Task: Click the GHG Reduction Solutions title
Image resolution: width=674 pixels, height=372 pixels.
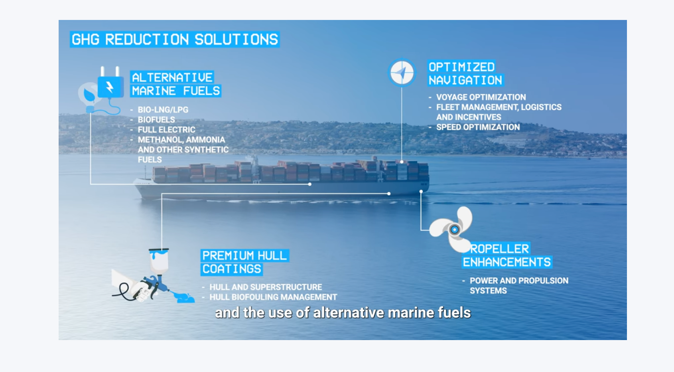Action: point(175,40)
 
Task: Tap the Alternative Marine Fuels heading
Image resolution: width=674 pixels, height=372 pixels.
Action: point(176,84)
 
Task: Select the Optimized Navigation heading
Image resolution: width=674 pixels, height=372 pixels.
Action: point(465,73)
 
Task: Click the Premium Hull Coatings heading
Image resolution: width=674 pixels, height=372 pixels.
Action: point(244,262)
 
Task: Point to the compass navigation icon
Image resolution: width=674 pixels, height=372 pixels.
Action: point(402,73)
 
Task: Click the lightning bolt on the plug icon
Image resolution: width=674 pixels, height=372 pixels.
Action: point(110,87)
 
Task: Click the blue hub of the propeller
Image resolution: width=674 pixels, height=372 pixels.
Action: point(454,230)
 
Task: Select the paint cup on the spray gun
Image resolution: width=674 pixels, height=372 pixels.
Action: point(159,261)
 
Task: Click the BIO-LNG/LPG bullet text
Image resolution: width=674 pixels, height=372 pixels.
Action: point(163,110)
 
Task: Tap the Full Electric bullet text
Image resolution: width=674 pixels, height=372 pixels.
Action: point(167,130)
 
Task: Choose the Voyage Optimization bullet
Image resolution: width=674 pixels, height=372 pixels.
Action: point(481,97)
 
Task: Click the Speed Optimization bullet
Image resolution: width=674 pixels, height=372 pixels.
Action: point(478,127)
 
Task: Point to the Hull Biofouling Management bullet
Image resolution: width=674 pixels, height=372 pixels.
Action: point(273,297)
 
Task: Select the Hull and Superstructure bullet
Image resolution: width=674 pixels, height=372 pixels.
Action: point(266,287)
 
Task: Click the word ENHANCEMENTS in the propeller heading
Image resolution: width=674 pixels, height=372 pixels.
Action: point(507,262)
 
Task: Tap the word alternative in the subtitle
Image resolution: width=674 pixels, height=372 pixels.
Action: point(349,313)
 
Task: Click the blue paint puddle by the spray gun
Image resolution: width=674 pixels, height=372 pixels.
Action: point(184,298)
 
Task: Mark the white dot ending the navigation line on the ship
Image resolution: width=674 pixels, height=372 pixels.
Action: point(402,162)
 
